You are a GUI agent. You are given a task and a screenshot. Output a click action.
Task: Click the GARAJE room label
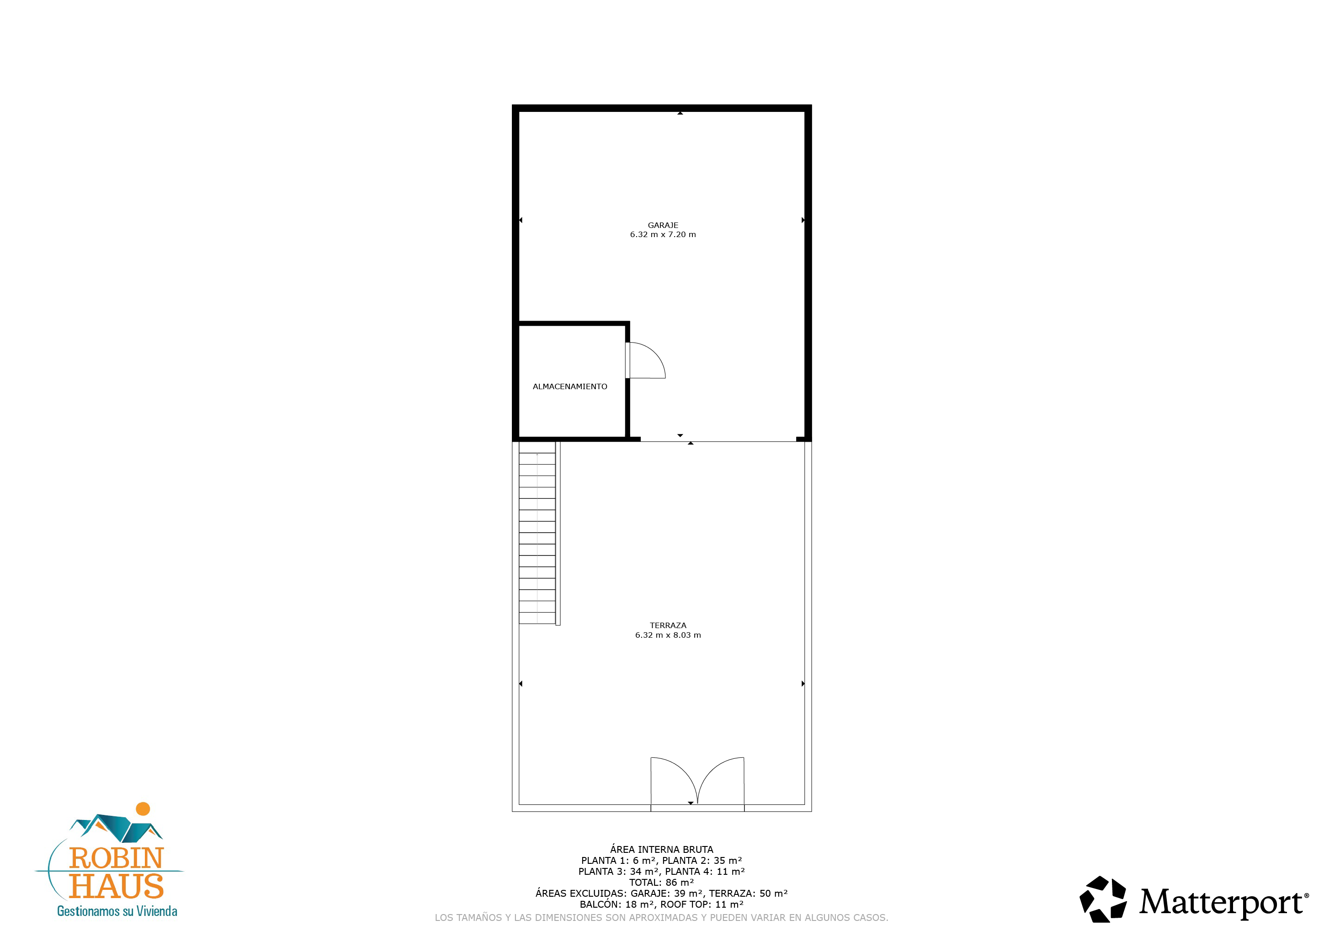pyautogui.click(x=663, y=225)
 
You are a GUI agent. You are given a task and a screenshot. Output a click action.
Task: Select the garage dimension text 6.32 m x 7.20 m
pyautogui.click(x=663, y=235)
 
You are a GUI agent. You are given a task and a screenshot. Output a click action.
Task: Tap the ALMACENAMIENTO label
pyautogui.click(x=570, y=387)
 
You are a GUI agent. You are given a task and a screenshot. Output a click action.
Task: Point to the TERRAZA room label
pyautogui.click(x=668, y=625)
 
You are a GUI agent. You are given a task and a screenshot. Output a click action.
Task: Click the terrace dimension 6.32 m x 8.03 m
pyautogui.click(x=668, y=635)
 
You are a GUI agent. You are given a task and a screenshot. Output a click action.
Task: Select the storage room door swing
pyautogui.click(x=645, y=361)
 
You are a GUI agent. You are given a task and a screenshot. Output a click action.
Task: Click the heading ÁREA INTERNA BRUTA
pyautogui.click(x=661, y=850)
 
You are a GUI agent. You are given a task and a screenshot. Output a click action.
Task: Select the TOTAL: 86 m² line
pyautogui.click(x=661, y=883)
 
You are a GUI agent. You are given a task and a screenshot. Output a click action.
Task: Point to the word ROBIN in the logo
pyautogui.click(x=117, y=859)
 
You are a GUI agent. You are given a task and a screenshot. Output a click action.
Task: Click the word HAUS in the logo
pyautogui.click(x=117, y=886)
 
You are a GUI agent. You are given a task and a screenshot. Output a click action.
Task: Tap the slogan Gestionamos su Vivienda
pyautogui.click(x=117, y=911)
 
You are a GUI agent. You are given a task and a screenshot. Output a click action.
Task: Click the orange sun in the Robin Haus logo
pyautogui.click(x=143, y=809)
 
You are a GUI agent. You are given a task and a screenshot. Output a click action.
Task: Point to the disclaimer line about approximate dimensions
pyautogui.click(x=661, y=918)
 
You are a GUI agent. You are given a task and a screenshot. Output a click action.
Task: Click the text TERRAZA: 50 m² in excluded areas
pyautogui.click(x=748, y=894)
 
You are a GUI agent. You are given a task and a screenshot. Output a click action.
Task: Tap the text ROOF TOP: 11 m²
pyautogui.click(x=702, y=904)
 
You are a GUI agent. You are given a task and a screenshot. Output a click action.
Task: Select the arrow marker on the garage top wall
pyautogui.click(x=681, y=113)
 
